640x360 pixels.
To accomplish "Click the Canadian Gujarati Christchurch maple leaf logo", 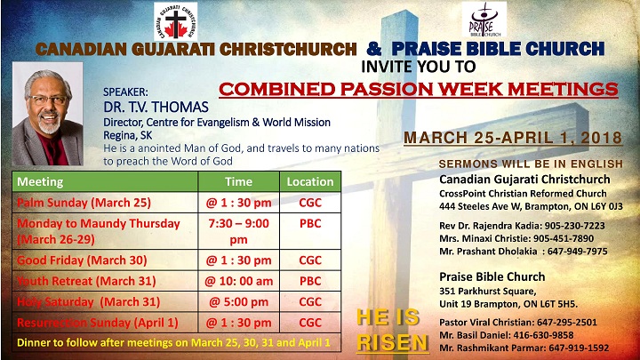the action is (x=175, y=21).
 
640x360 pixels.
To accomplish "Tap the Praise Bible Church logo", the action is (x=484, y=20).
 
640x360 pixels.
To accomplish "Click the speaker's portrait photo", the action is (x=48, y=114).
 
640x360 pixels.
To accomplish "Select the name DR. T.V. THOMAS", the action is (x=156, y=107).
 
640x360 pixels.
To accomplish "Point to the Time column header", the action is (x=238, y=181).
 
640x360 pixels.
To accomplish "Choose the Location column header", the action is (x=310, y=181).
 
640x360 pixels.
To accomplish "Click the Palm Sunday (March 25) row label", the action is (x=84, y=203).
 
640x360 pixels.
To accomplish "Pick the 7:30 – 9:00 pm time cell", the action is (x=238, y=231).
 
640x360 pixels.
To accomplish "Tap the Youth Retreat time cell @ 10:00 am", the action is (x=238, y=281).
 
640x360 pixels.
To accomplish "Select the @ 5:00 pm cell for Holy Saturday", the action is (x=238, y=301).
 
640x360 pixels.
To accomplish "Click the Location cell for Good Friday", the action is (x=310, y=260).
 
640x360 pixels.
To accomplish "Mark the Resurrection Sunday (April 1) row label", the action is (x=98, y=323).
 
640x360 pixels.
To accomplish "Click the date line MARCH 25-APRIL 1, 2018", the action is (x=513, y=138).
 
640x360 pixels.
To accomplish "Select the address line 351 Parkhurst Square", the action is (x=488, y=291).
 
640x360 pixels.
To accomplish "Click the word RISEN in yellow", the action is (x=392, y=342).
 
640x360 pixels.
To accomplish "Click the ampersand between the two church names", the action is (x=374, y=49).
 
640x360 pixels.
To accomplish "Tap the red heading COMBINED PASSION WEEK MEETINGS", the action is (x=419, y=89).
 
